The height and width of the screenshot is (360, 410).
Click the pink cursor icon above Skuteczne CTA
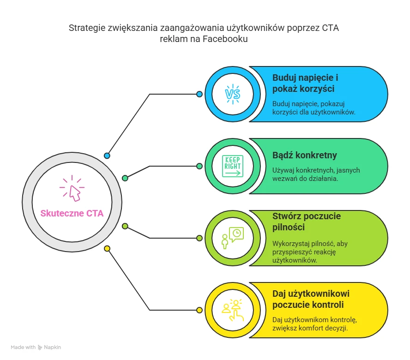point(72,188)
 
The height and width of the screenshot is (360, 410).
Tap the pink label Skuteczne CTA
point(72,213)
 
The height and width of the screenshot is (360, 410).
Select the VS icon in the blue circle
point(232,94)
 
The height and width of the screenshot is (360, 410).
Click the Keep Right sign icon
point(232,166)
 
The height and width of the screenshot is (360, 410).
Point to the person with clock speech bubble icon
point(232,238)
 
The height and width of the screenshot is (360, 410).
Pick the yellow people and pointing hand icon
point(232,310)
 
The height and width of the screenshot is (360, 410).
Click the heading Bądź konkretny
point(305,155)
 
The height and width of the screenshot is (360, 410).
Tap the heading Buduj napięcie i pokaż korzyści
point(305,83)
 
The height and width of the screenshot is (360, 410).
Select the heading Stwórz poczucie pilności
point(307,222)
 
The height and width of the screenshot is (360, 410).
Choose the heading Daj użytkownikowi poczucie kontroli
point(311,299)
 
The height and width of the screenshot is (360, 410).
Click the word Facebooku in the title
point(225,39)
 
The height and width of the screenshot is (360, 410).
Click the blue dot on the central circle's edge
point(107,156)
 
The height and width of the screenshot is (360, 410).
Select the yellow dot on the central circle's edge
point(107,249)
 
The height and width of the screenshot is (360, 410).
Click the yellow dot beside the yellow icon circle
point(199,310)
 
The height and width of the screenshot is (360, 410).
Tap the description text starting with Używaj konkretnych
point(316,174)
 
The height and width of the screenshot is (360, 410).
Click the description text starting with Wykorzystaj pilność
point(310,252)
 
